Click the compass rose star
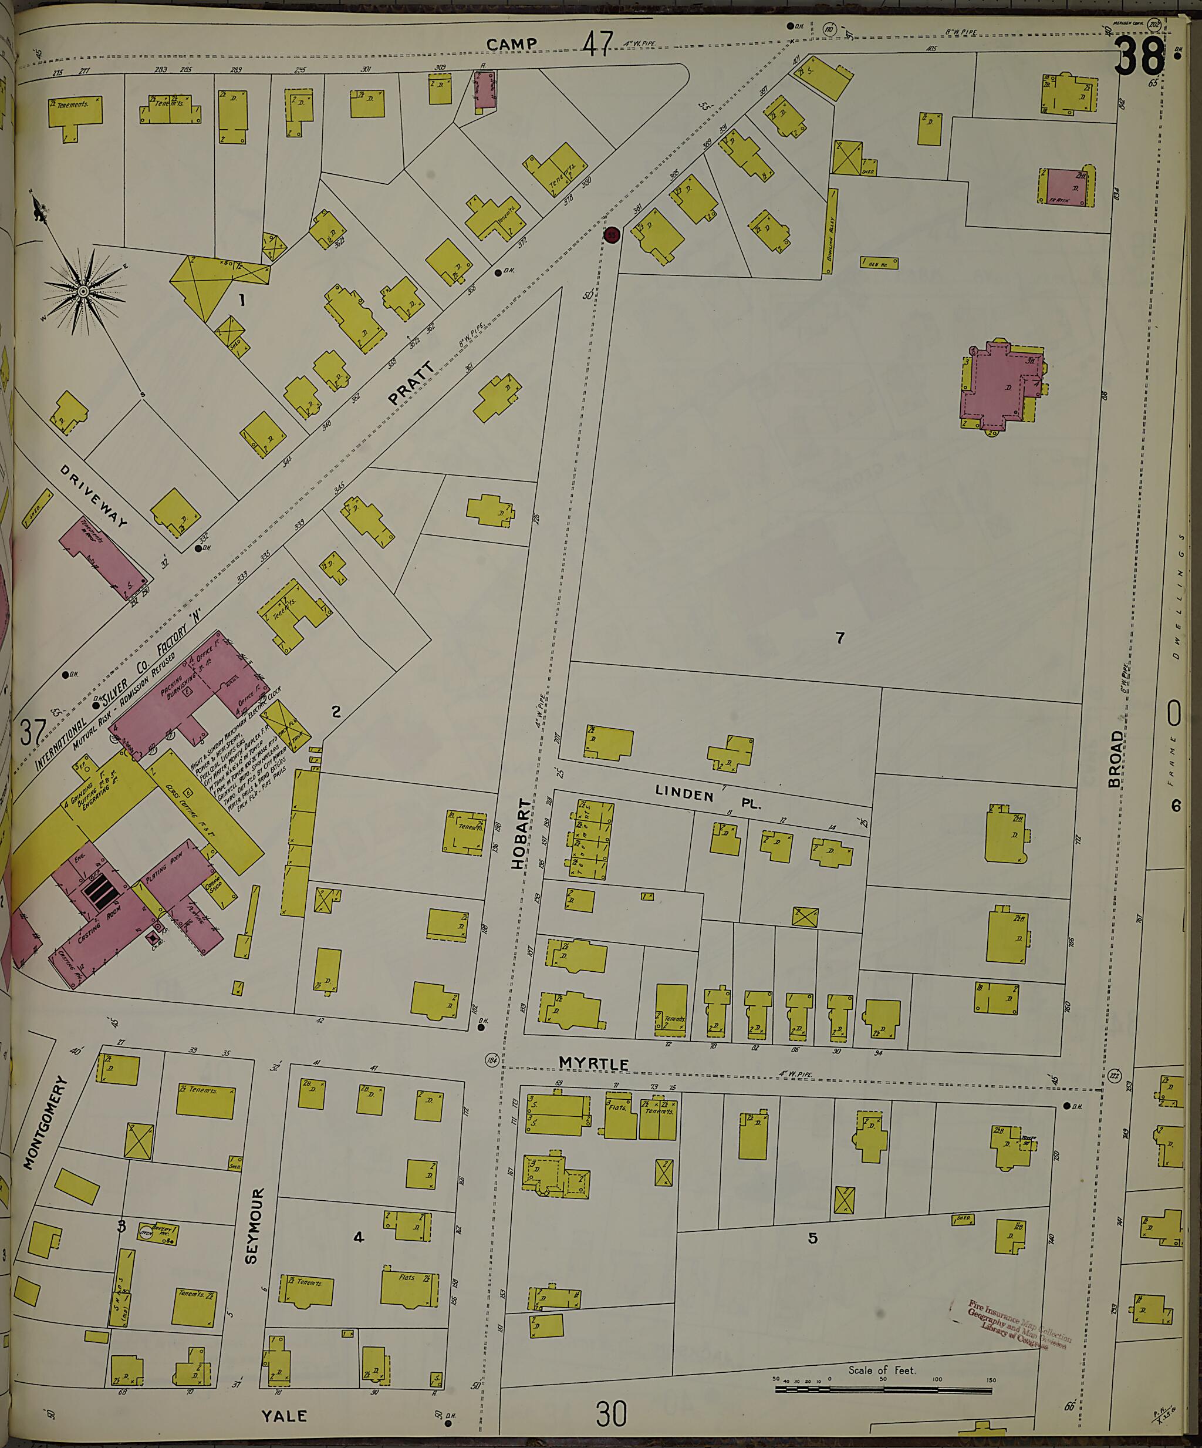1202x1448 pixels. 83,292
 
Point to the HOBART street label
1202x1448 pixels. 522,834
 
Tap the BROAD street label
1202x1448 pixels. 1115,759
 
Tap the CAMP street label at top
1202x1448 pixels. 511,44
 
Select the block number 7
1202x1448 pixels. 839,638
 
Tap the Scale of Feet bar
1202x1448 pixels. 883,1389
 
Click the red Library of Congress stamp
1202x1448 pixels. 1019,1324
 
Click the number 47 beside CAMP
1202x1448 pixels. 597,45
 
